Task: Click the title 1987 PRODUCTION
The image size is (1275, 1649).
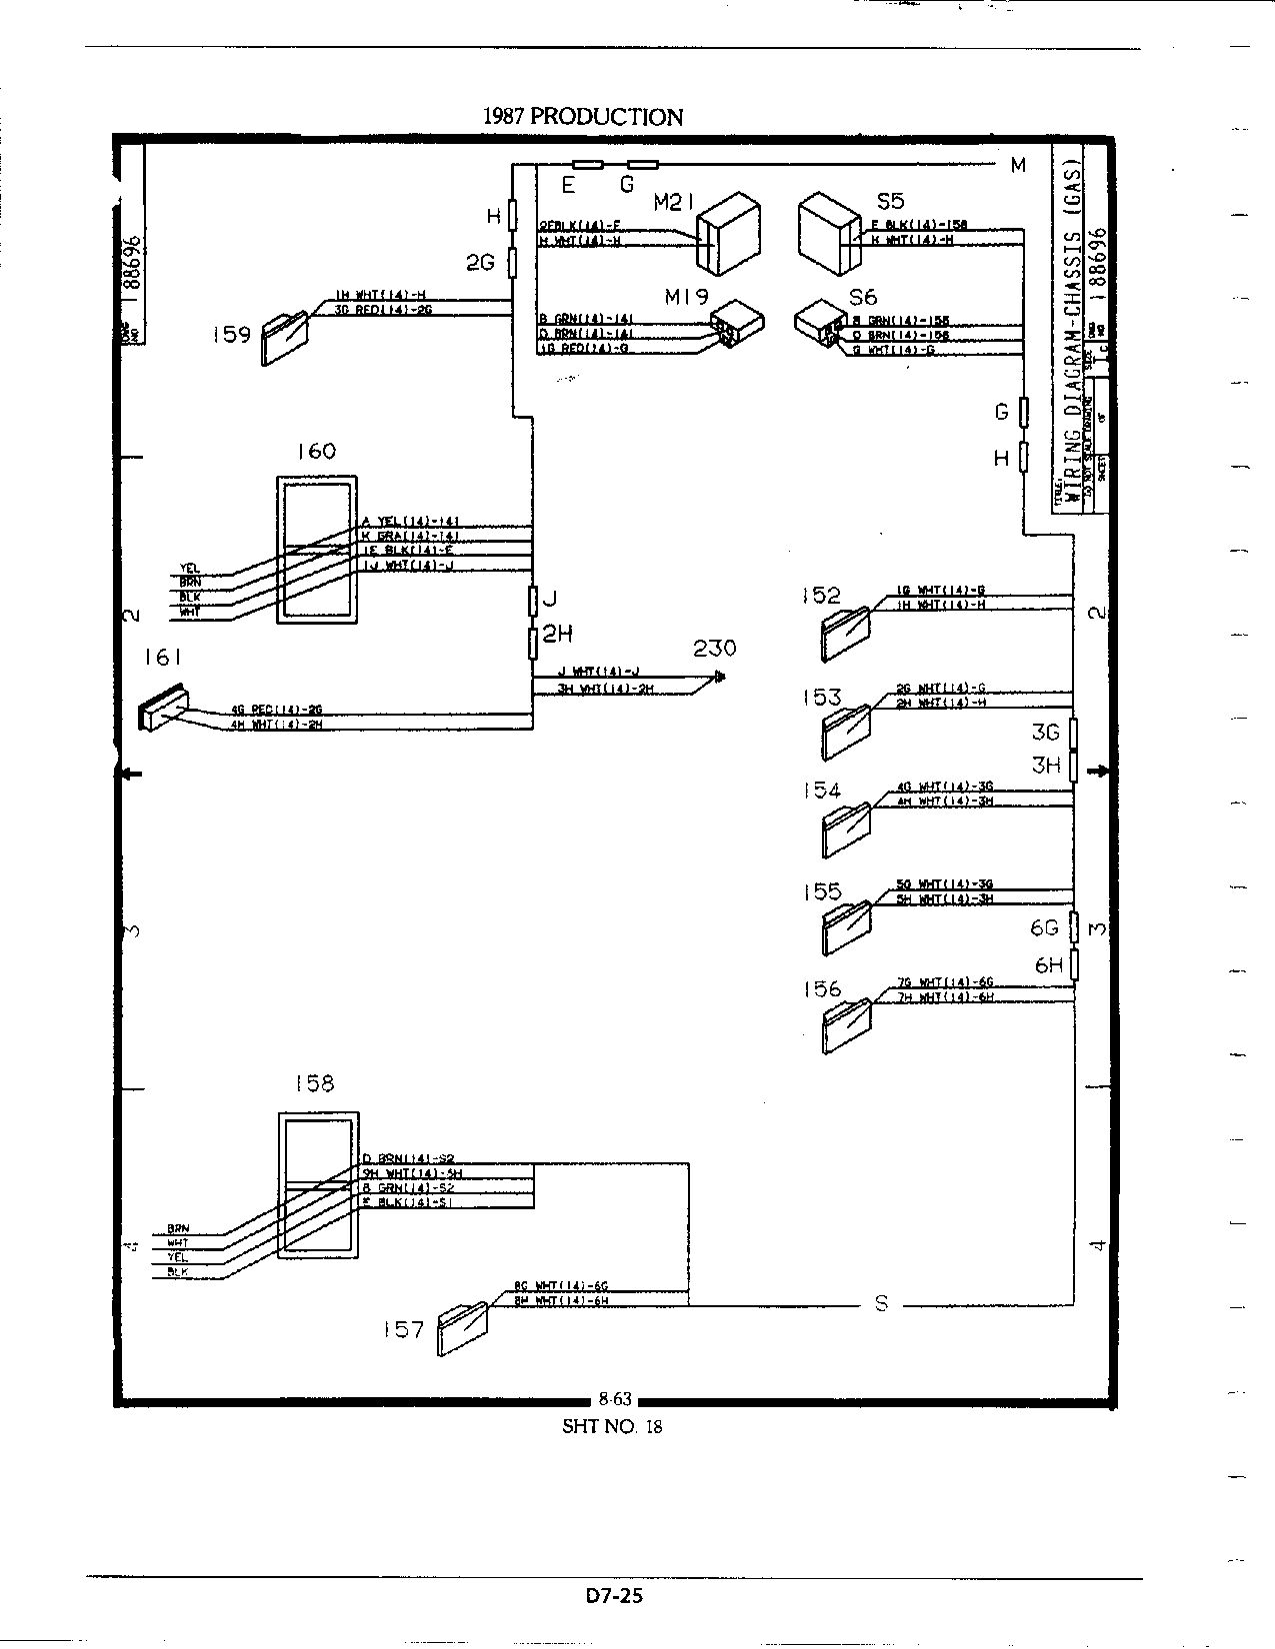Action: [x=582, y=116]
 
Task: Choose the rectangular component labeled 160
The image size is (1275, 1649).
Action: [x=316, y=550]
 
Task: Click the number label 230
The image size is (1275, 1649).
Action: [x=714, y=648]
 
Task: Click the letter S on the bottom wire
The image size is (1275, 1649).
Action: [x=881, y=1303]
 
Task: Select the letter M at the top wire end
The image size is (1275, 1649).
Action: [x=1018, y=166]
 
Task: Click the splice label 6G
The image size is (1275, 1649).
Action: [x=1044, y=928]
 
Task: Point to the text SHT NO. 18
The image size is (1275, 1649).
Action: [x=612, y=1426]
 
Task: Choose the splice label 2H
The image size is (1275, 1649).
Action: [x=558, y=634]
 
